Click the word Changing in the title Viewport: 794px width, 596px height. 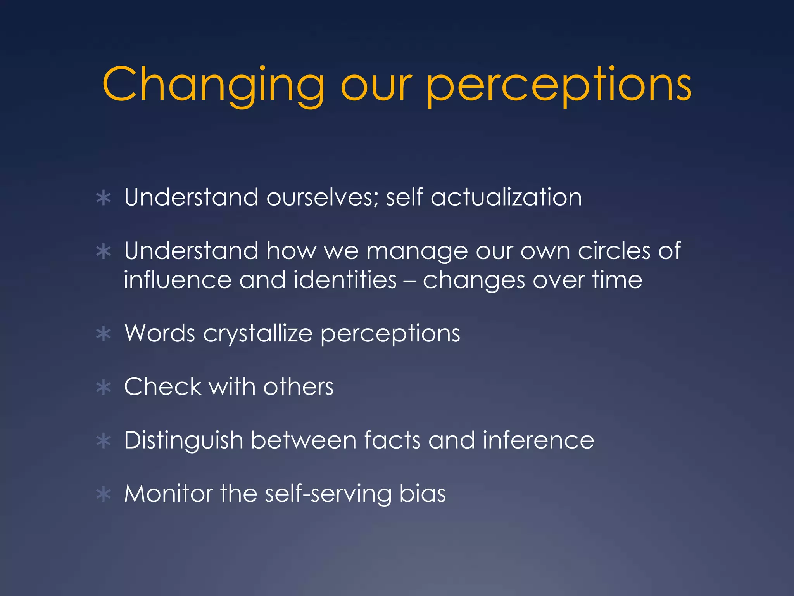click(213, 85)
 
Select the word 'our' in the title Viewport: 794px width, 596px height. click(375, 85)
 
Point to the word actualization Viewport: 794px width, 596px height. click(506, 197)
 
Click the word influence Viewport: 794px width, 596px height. click(178, 280)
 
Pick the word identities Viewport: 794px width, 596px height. click(345, 280)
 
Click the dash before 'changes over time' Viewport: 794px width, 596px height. click(409, 281)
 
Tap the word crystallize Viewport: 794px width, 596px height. click(257, 334)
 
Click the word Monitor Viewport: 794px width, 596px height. click(168, 494)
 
